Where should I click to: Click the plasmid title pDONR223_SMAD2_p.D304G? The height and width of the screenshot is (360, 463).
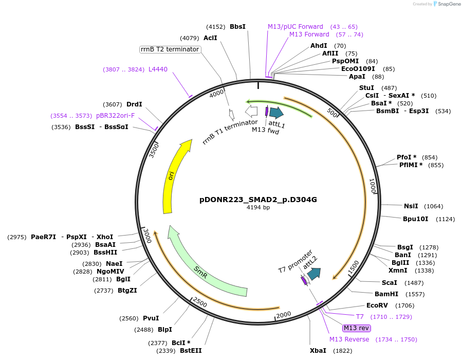[x=258, y=200]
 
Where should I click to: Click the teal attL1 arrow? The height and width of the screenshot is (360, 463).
[x=276, y=113]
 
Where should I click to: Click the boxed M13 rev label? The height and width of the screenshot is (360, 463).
[x=357, y=328]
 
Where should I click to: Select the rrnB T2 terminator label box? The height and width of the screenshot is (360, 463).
[x=170, y=49]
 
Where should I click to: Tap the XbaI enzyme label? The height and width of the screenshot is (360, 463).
[x=318, y=350]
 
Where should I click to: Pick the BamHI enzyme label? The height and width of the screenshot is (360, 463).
[x=386, y=294]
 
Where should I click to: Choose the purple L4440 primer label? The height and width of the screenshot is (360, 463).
[x=158, y=69]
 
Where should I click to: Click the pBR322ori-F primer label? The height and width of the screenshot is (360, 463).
[x=115, y=115]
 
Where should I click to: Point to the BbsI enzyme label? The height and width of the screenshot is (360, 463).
[x=237, y=26]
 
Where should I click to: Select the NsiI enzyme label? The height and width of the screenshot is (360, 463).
[x=411, y=206]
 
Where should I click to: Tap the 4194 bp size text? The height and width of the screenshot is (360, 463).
[x=258, y=208]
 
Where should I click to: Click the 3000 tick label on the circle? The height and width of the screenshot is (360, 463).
[x=148, y=235]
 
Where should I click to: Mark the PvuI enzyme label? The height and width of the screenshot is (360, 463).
[x=151, y=318]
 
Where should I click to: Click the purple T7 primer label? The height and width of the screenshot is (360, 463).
[x=360, y=316]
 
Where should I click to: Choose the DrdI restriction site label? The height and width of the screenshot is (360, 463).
[x=134, y=104]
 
